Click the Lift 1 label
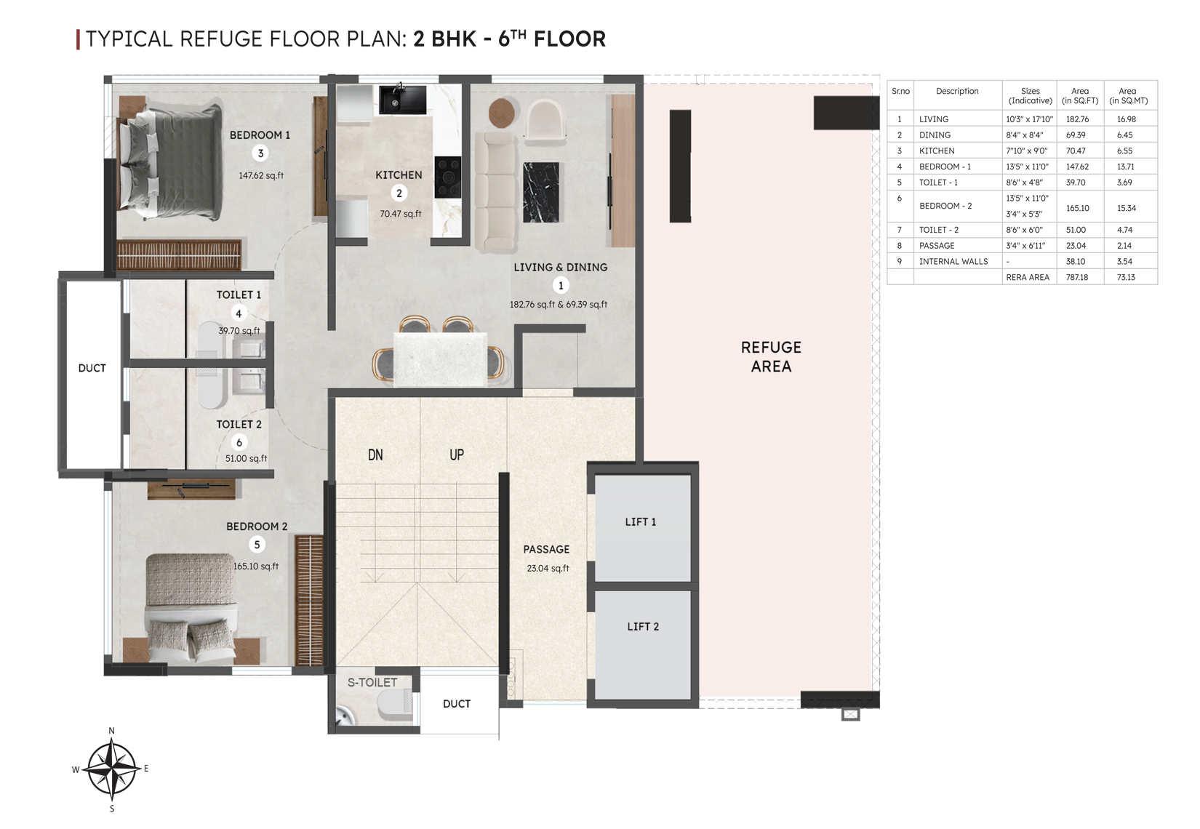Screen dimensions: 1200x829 640,521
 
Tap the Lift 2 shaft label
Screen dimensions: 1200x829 643,627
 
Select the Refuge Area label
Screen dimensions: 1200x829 771,356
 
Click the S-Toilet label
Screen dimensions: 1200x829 372,682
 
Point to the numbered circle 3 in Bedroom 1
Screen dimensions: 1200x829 260,153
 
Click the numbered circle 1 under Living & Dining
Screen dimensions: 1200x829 561,286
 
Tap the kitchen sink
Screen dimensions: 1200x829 402,100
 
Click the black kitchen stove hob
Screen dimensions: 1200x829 447,177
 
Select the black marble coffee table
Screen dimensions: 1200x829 540,192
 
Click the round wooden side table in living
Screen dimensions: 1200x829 502,113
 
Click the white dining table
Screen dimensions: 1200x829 440,359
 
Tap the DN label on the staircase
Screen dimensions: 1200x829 375,455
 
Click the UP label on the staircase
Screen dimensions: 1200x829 457,455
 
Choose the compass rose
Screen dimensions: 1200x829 111,769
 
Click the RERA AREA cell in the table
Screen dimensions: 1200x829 1028,277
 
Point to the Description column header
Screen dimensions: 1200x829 957,91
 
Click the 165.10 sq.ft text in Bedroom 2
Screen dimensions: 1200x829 256,566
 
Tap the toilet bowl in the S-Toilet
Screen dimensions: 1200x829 395,702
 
